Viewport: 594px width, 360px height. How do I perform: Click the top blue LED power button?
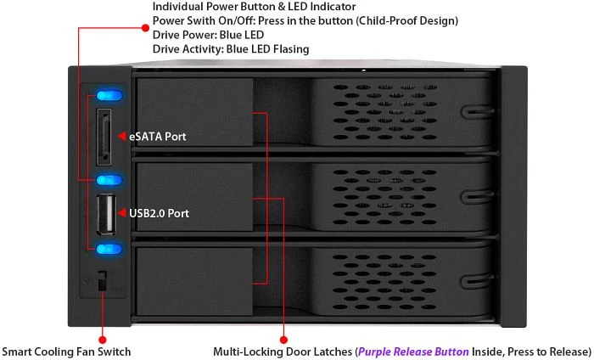coord(109,95)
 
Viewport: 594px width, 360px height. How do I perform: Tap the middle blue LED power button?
coord(109,180)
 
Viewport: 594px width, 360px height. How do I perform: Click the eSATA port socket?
coord(104,137)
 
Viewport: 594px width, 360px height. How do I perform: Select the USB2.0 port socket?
coord(106,215)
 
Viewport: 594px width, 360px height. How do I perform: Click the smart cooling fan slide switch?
coord(103,281)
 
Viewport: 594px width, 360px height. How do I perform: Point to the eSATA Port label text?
coord(158,137)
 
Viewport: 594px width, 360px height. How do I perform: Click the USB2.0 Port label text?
coord(160,213)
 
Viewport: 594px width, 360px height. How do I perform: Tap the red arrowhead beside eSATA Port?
coord(121,136)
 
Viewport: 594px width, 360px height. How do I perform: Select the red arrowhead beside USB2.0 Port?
coord(121,213)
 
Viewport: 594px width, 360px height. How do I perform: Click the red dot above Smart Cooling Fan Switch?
coord(103,340)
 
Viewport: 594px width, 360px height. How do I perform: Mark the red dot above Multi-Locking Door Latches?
coord(283,340)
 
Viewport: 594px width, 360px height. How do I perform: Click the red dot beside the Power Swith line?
coord(145,27)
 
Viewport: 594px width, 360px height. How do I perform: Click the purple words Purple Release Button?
coord(413,352)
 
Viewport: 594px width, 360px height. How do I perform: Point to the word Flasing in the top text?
coord(289,49)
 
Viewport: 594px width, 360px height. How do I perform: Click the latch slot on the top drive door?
coord(477,112)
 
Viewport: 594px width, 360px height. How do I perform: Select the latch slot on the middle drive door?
coord(477,197)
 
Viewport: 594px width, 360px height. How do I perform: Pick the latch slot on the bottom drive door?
coord(477,282)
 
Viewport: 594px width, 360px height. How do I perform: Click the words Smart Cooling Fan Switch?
coord(66,352)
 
